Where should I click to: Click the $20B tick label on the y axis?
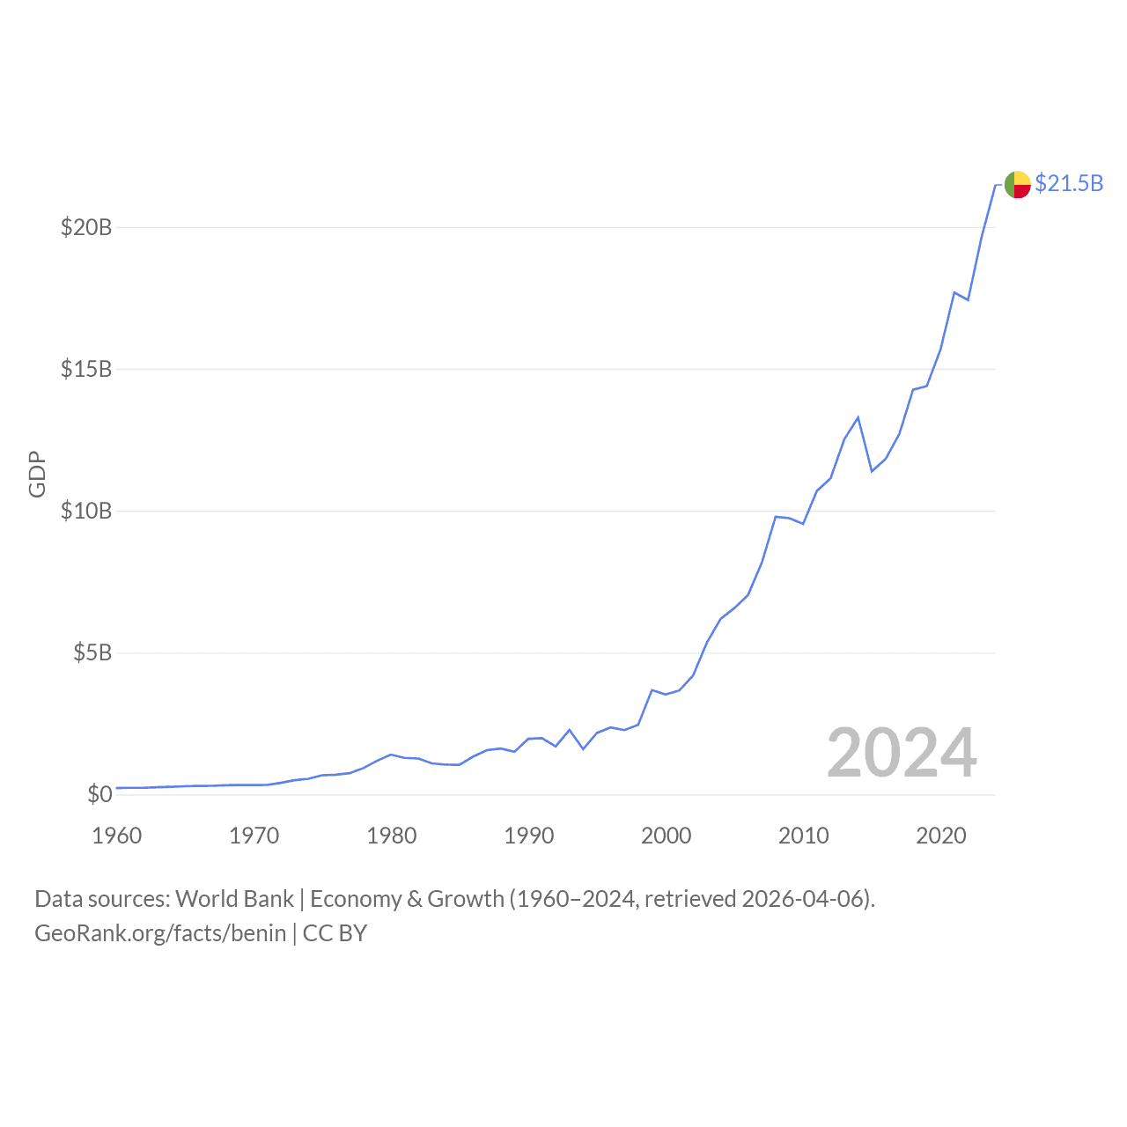(x=86, y=227)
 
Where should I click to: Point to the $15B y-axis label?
(x=86, y=369)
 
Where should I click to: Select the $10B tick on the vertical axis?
(x=86, y=511)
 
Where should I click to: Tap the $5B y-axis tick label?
(x=92, y=652)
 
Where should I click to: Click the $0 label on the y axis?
(x=99, y=794)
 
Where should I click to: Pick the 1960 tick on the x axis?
(x=117, y=836)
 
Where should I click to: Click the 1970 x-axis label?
(x=254, y=836)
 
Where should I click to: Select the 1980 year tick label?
(x=392, y=836)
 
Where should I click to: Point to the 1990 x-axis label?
(x=529, y=836)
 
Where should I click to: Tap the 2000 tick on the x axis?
(x=667, y=836)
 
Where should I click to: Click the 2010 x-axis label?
(x=804, y=836)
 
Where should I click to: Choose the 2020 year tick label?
(x=941, y=836)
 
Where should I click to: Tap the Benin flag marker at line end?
(x=1018, y=185)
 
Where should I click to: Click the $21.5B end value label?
(x=1069, y=183)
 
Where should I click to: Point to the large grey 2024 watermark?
(x=902, y=754)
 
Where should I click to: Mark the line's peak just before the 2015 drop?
(x=858, y=417)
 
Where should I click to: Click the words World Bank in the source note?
(x=234, y=899)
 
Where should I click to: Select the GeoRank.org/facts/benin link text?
(x=160, y=933)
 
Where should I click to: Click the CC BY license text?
(x=335, y=933)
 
